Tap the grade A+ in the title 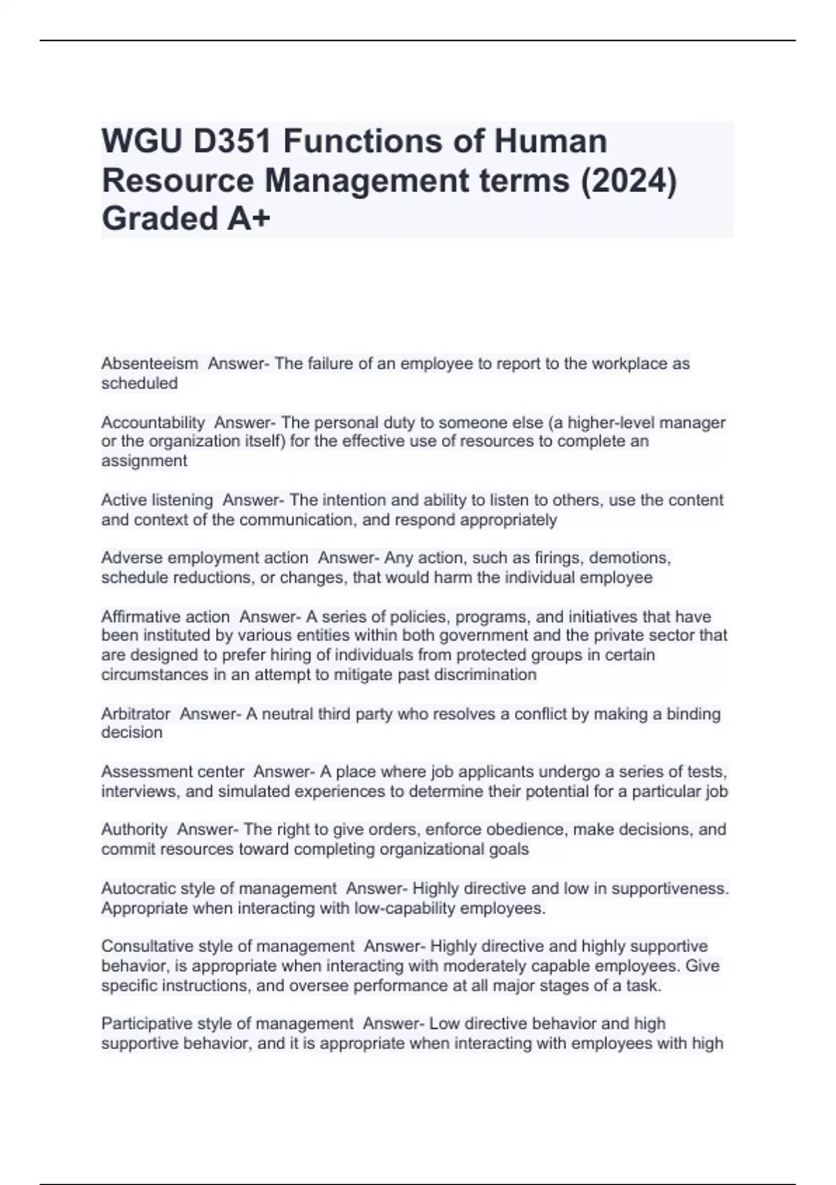pyautogui.click(x=248, y=219)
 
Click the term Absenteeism pyautogui.click(x=149, y=364)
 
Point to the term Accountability pyautogui.click(x=153, y=422)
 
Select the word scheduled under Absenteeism pyautogui.click(x=139, y=383)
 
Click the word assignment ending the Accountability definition pyautogui.click(x=144, y=461)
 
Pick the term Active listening pyautogui.click(x=157, y=500)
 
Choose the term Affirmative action pyautogui.click(x=165, y=617)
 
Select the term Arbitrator pyautogui.click(x=136, y=714)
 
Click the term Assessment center pyautogui.click(x=173, y=772)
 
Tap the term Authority pyautogui.click(x=134, y=829)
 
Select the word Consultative pyautogui.click(x=147, y=947)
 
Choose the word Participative pyautogui.click(x=146, y=1024)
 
